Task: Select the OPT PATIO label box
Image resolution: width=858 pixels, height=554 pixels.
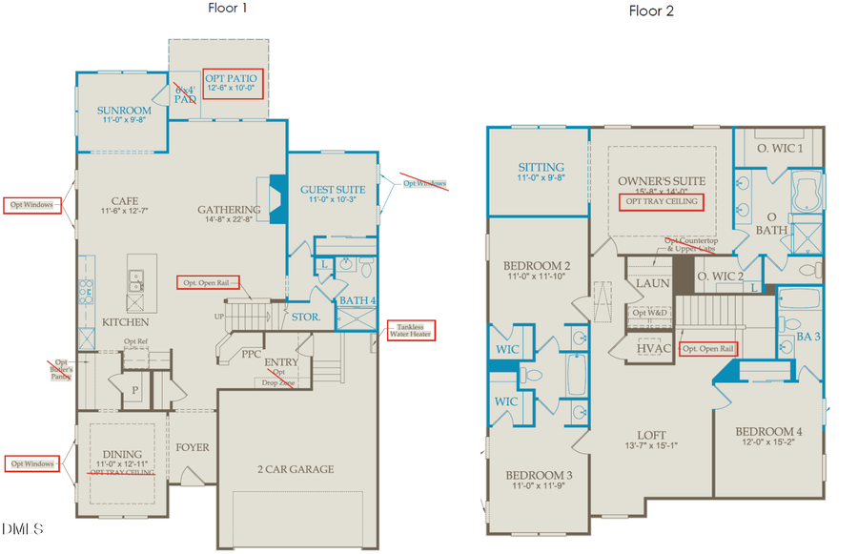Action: [x=235, y=82]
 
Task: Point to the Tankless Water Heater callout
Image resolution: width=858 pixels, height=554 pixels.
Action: [x=409, y=330]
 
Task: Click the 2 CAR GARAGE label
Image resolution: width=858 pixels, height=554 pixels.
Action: [x=295, y=469]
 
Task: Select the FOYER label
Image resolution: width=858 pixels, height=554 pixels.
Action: [x=192, y=447]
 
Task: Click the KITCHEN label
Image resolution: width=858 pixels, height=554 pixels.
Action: [x=126, y=322]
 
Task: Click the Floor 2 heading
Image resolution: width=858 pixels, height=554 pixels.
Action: [x=652, y=11]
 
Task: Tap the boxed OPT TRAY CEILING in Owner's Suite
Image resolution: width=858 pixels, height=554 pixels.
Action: [x=662, y=202]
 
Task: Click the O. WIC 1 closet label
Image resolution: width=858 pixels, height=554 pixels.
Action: [x=780, y=149]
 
